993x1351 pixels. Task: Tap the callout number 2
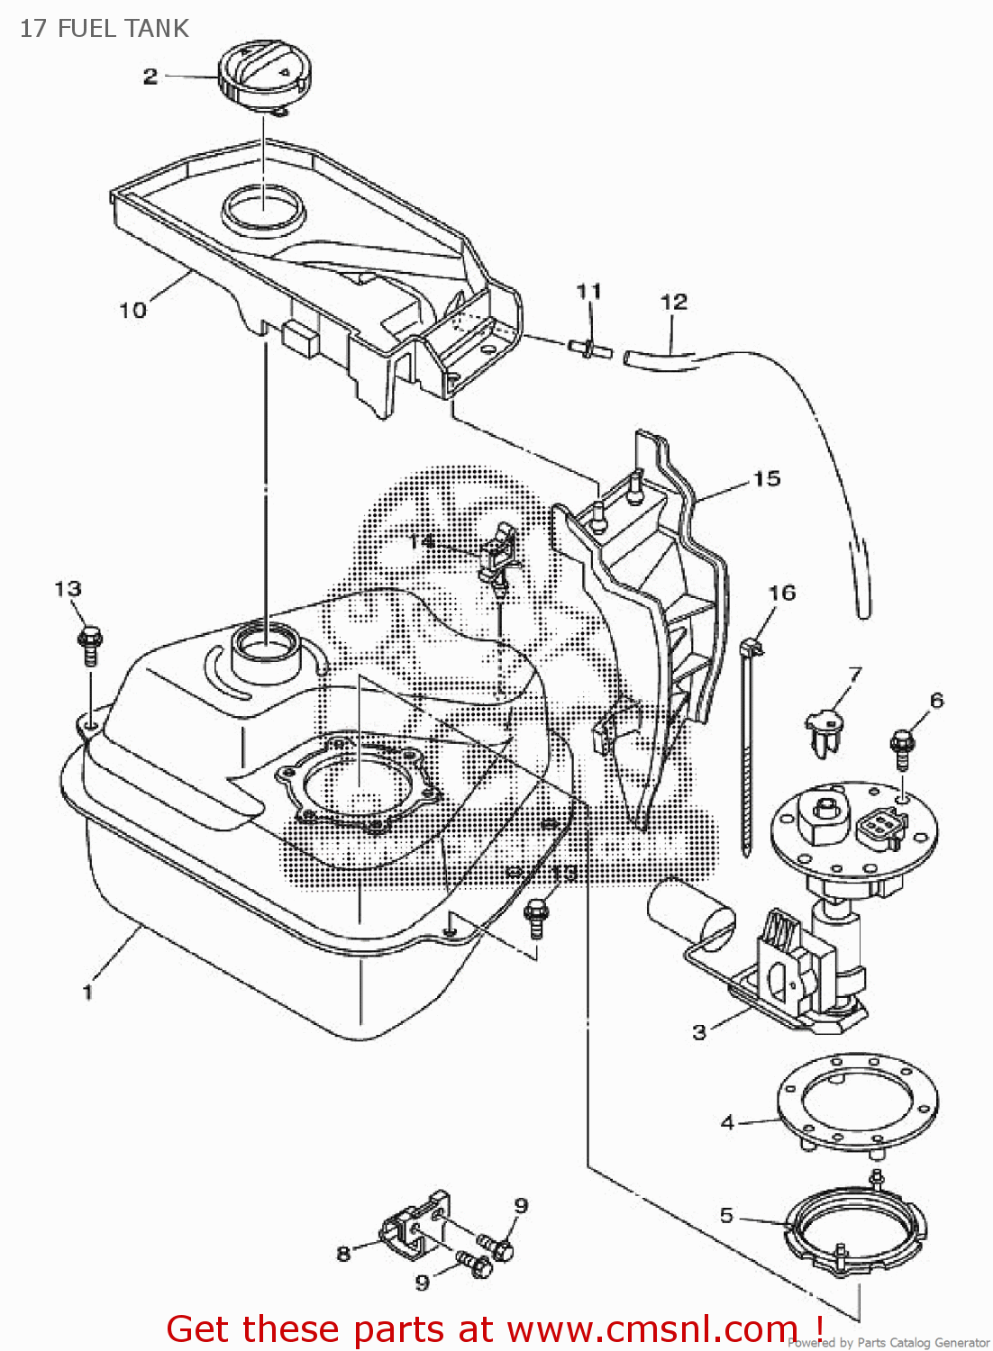[150, 77]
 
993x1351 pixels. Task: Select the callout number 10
[132, 310]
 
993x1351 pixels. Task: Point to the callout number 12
[673, 302]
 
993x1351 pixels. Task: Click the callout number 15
[767, 478]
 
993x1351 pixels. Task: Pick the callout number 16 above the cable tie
[781, 593]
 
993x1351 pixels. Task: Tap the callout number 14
[421, 540]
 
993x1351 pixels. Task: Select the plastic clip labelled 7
[824, 730]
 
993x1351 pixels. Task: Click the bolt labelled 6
[902, 746]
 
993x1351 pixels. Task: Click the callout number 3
[699, 1032]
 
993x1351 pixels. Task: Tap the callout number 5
[726, 1215]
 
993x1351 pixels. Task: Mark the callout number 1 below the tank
[87, 992]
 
